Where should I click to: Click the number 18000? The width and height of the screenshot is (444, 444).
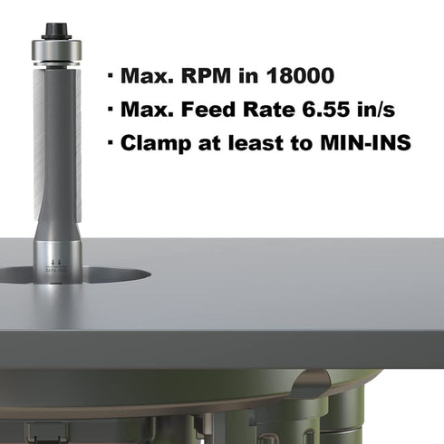point(301,75)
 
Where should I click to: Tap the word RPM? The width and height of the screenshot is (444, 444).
point(206,75)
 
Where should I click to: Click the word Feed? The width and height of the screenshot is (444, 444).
point(208,109)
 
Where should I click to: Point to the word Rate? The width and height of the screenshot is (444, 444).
point(269,109)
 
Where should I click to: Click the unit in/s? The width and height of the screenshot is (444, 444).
point(376,109)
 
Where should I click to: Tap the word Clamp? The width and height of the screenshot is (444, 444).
point(156,142)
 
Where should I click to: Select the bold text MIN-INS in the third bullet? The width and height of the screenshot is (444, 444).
point(365,142)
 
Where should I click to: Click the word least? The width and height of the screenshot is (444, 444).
point(256,142)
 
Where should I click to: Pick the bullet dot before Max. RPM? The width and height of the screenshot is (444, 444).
point(110,75)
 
